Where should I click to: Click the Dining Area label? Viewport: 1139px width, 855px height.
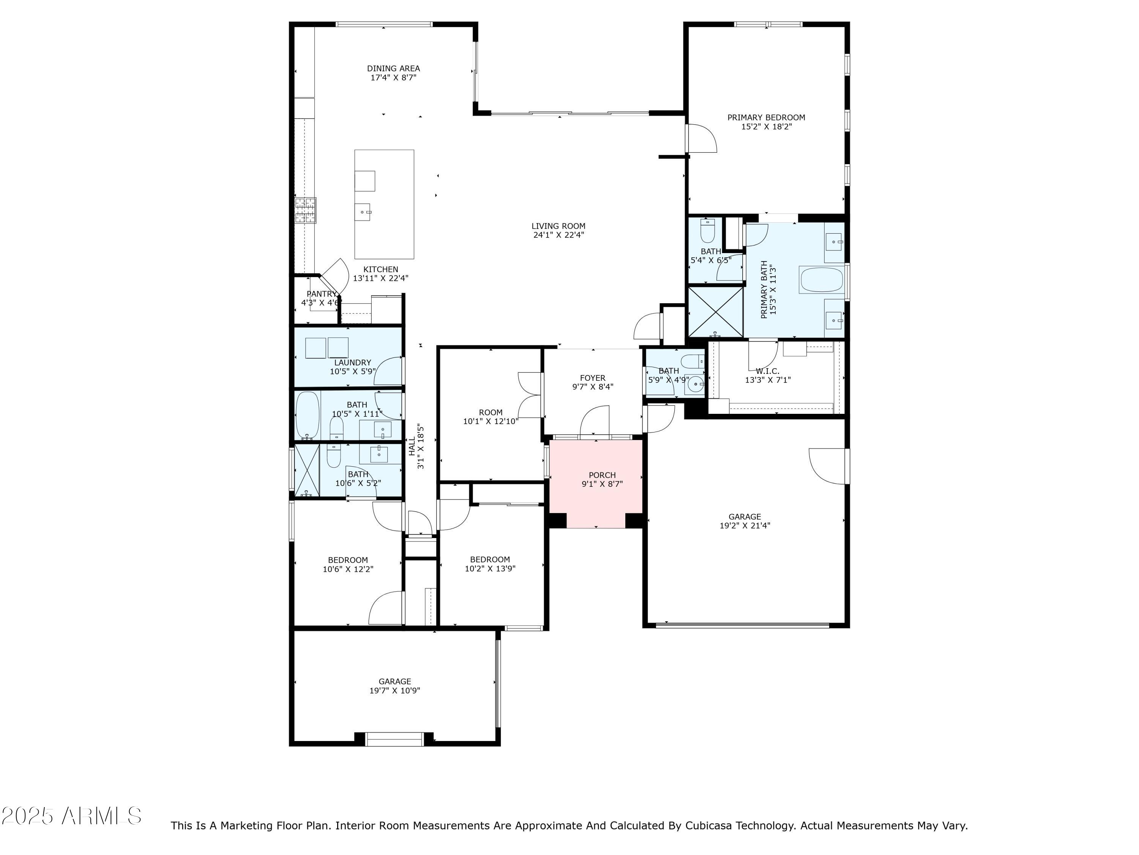point(393,68)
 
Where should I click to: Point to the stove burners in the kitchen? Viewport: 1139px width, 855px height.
point(305,210)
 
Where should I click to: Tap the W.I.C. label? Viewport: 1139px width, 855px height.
point(767,371)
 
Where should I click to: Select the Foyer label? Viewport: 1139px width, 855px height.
point(593,378)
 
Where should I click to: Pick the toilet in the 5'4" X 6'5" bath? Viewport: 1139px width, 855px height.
point(707,231)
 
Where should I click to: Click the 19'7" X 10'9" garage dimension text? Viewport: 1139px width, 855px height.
point(394,690)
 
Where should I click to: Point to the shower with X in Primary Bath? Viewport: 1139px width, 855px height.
point(716,311)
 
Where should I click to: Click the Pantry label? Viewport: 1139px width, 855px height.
point(321,294)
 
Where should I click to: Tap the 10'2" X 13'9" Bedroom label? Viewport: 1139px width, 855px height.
point(490,560)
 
